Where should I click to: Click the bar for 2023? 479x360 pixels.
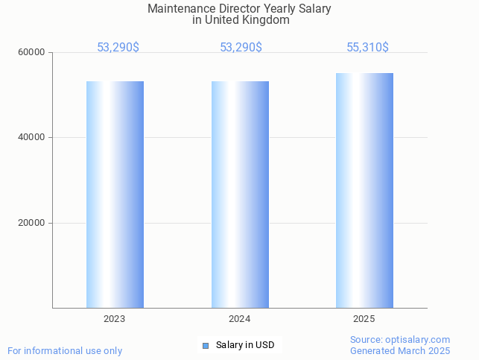coord(115,194)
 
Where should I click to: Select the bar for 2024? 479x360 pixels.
coord(240,194)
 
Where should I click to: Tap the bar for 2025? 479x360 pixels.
coord(364,190)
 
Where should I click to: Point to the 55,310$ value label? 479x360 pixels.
coord(367,47)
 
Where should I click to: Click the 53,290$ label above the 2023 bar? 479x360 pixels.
coord(118,47)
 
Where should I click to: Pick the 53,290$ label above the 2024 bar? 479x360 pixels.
coord(241,47)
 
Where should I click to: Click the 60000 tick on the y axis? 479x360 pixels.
coord(33,53)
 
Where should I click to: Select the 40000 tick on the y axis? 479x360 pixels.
coord(33,138)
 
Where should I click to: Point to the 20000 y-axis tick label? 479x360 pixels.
coord(33,223)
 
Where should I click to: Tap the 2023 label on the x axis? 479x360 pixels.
coord(115,319)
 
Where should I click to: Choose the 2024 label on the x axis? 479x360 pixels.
coord(239,319)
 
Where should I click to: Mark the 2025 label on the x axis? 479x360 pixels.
coord(364,319)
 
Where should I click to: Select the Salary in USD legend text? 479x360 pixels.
coord(245,345)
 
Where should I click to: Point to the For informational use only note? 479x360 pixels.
coord(65,350)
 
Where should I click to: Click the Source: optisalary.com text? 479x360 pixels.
coord(400,340)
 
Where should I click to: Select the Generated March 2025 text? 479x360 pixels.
coord(400,350)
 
